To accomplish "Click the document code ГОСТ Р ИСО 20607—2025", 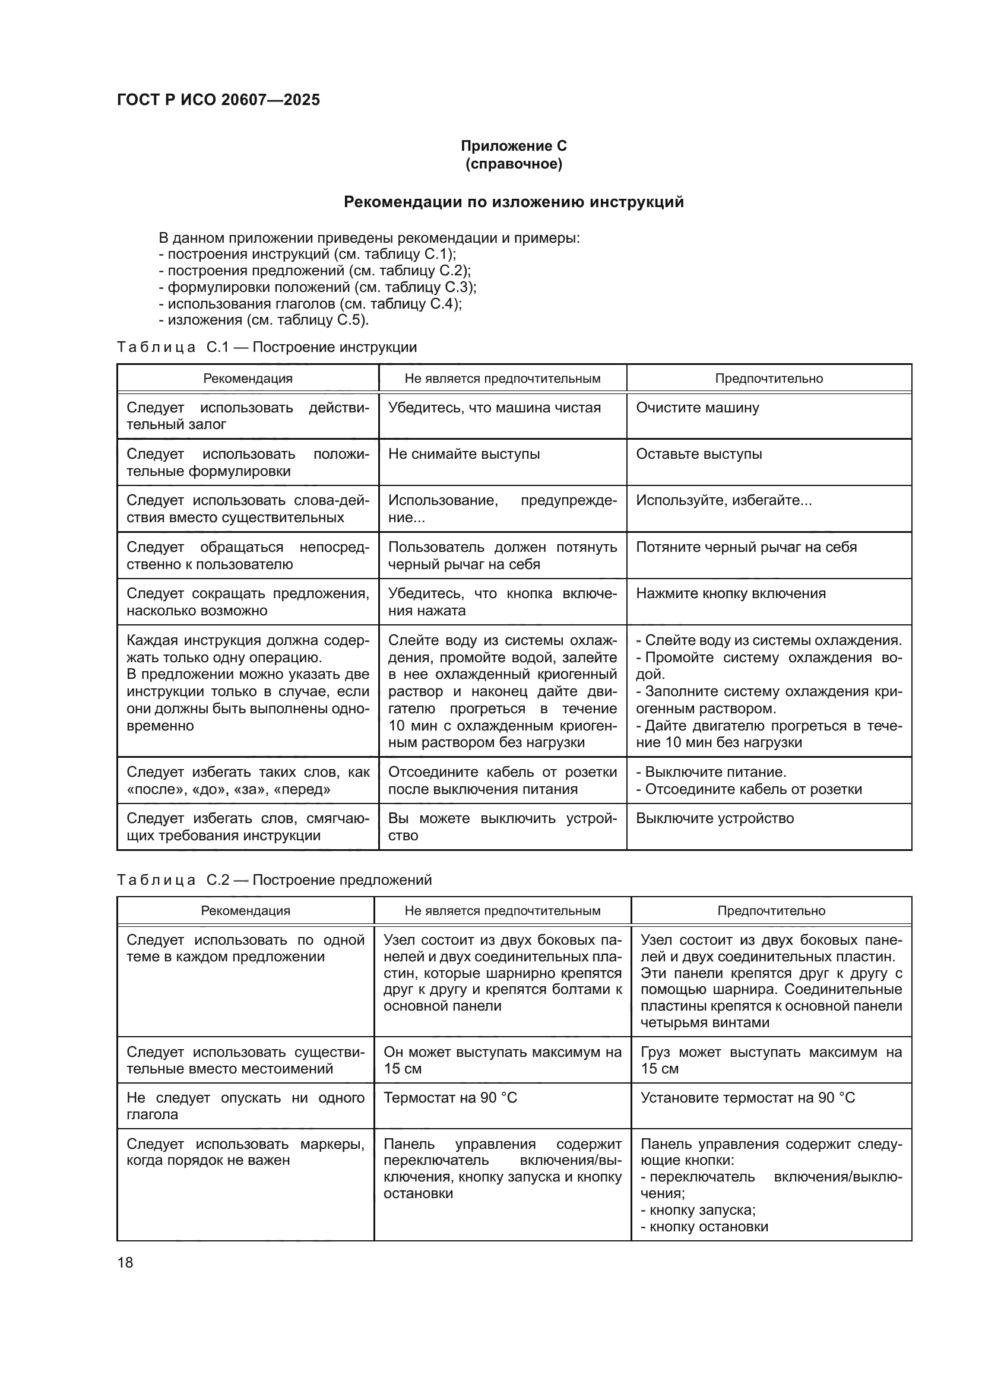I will pyautogui.click(x=218, y=100).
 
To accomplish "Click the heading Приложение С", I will pyautogui.click(x=514, y=146).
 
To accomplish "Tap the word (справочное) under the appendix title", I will pyautogui.click(x=514, y=164).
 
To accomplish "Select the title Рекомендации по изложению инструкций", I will pyautogui.click(x=514, y=202).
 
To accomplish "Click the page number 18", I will pyautogui.click(x=125, y=1262).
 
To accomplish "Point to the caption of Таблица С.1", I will pyautogui.click(x=267, y=347).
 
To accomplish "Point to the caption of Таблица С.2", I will pyautogui.click(x=274, y=879).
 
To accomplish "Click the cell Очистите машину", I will pyautogui.click(x=697, y=408).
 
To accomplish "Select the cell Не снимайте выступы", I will pyautogui.click(x=464, y=454).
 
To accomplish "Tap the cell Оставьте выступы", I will pyautogui.click(x=698, y=454).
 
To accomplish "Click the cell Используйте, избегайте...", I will pyautogui.click(x=723, y=501).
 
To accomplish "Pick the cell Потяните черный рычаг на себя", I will pyautogui.click(x=746, y=547).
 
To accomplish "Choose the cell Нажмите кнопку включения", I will pyautogui.click(x=730, y=593).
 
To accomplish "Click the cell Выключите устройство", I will pyautogui.click(x=715, y=818).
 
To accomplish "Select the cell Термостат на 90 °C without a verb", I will pyautogui.click(x=450, y=1098).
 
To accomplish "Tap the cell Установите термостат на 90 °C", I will pyautogui.click(x=747, y=1098).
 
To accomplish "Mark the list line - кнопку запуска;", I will pyautogui.click(x=698, y=1210).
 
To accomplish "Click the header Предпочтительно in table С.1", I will pyautogui.click(x=768, y=379).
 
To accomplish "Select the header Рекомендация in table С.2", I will pyautogui.click(x=246, y=911).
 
